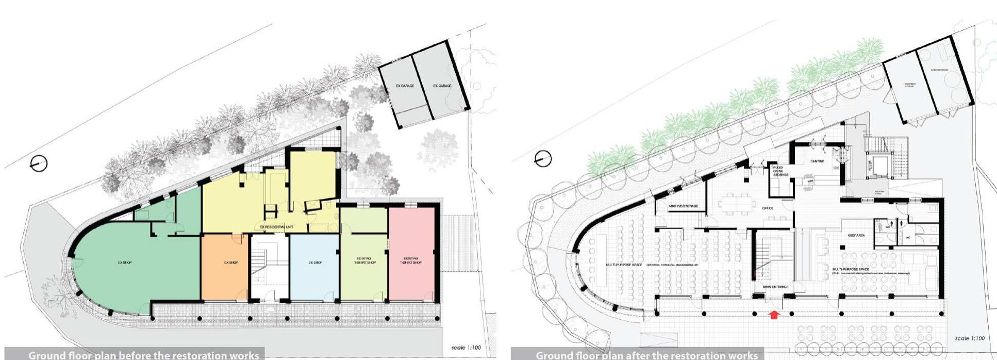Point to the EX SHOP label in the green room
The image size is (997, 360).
tap(124, 263)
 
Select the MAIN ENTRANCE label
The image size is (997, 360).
tap(775, 287)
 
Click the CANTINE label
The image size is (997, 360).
tap(818, 161)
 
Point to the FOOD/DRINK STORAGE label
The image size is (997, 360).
tap(780, 171)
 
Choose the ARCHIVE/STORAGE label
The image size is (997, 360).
tap(683, 206)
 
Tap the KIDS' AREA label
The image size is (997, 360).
tap(856, 235)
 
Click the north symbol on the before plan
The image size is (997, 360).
tap(39, 164)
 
